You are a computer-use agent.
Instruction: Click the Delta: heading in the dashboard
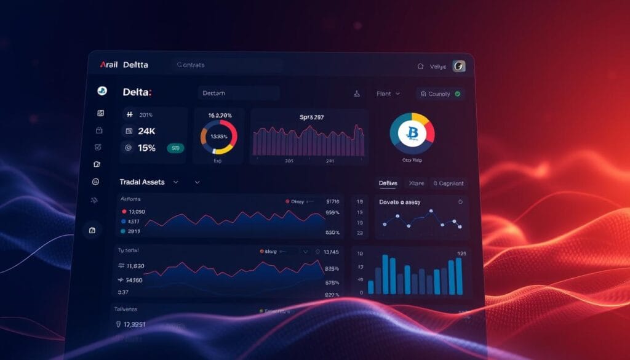137,93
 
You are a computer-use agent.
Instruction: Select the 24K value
146,131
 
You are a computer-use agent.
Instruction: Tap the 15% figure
146,148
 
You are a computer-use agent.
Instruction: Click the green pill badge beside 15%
175,148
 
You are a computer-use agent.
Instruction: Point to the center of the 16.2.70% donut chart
218,136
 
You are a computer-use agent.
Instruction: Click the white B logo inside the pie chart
412,133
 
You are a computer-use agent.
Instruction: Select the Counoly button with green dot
441,94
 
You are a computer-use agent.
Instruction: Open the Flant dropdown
388,94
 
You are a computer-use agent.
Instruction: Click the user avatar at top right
459,66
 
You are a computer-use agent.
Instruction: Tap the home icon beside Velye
421,66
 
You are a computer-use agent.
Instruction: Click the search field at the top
228,65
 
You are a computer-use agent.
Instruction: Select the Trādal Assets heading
142,182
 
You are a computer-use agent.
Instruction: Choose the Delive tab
388,183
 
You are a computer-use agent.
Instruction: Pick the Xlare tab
417,183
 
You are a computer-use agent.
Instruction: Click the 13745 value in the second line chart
330,252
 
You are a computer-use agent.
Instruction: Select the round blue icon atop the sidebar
102,90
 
